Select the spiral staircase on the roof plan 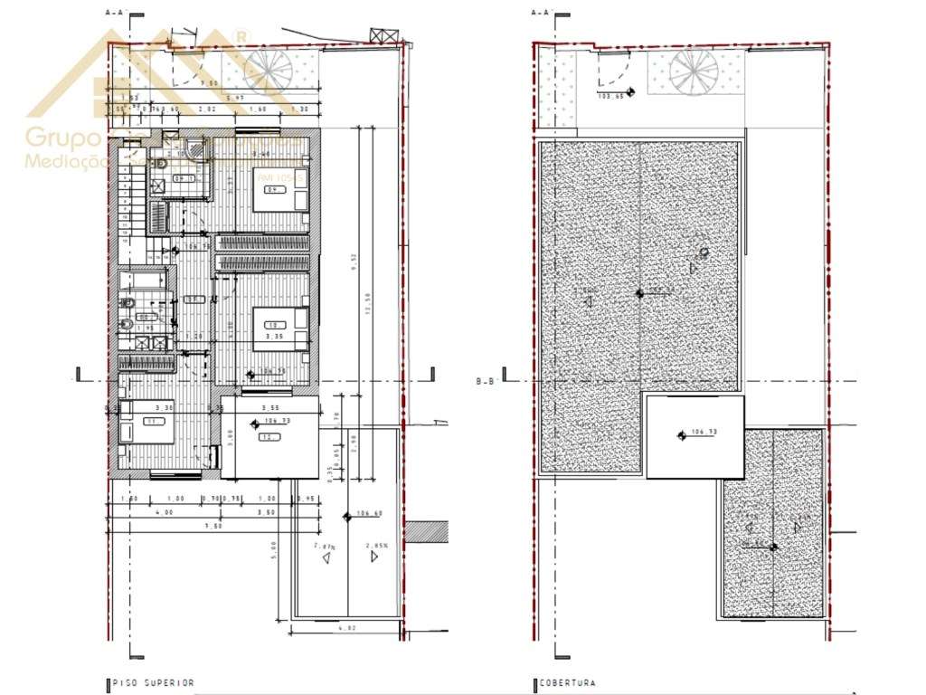(694, 71)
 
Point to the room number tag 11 (151, 422)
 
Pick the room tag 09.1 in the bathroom (186, 179)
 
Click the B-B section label (486, 381)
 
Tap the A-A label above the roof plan (541, 13)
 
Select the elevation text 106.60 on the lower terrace (370, 513)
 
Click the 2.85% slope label (376, 546)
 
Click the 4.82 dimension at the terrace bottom (347, 626)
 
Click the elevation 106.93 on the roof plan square (703, 432)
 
